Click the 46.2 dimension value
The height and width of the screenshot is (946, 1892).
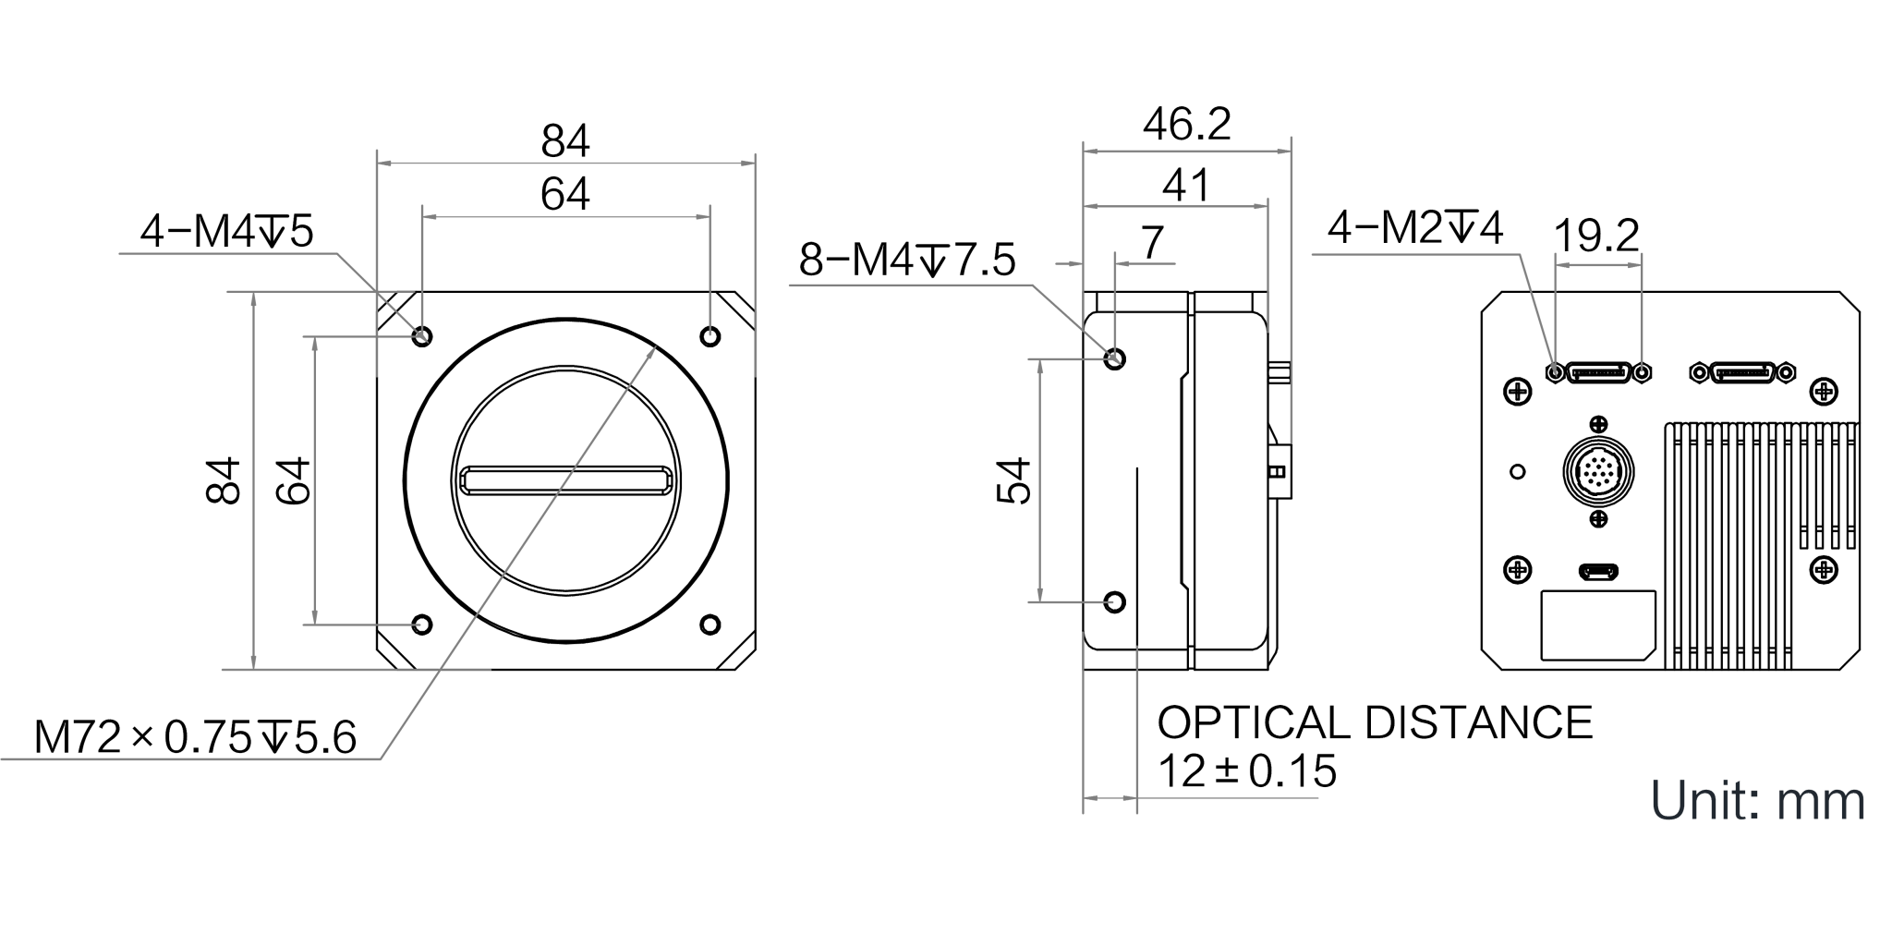point(1186,125)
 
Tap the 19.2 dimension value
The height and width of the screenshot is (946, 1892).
point(1596,236)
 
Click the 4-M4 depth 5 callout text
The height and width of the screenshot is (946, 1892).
point(226,231)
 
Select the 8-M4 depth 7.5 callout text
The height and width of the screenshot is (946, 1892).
point(906,261)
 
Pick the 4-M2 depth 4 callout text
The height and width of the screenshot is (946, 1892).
point(1415,227)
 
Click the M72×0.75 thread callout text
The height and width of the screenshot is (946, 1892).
point(195,737)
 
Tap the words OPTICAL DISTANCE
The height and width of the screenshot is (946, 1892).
point(1375,722)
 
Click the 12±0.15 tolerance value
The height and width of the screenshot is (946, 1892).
point(1247,771)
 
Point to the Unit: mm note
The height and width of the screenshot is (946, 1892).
point(1757,801)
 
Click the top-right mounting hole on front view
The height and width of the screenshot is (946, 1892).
point(709,336)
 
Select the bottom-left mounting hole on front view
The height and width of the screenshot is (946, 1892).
point(422,625)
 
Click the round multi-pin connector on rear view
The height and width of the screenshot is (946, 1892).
point(1598,472)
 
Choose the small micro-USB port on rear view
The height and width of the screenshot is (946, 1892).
point(1598,572)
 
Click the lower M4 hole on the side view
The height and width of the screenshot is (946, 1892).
point(1115,602)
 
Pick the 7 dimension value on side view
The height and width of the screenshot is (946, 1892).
point(1151,243)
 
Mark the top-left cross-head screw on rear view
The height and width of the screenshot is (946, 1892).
point(1518,392)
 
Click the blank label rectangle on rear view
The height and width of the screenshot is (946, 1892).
point(1598,625)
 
